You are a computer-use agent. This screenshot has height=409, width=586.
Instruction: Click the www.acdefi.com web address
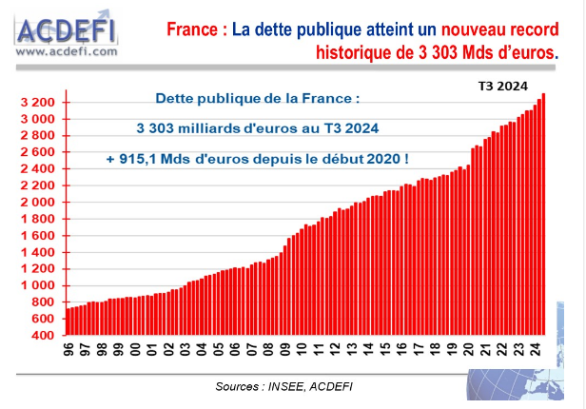(66, 52)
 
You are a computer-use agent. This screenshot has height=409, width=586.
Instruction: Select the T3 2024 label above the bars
(502, 86)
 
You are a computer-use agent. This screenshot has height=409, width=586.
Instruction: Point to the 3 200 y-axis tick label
(42, 103)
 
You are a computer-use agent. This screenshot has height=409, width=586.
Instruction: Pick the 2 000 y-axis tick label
(42, 203)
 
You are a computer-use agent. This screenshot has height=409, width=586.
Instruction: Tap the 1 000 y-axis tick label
(42, 285)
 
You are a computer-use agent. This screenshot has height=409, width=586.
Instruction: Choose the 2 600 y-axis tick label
(42, 152)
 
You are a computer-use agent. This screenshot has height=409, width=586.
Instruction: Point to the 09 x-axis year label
(286, 351)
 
